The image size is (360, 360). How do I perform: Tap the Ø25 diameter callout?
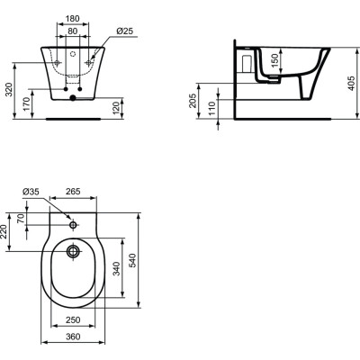(126, 31)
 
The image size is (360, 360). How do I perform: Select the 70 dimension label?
(27, 218)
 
